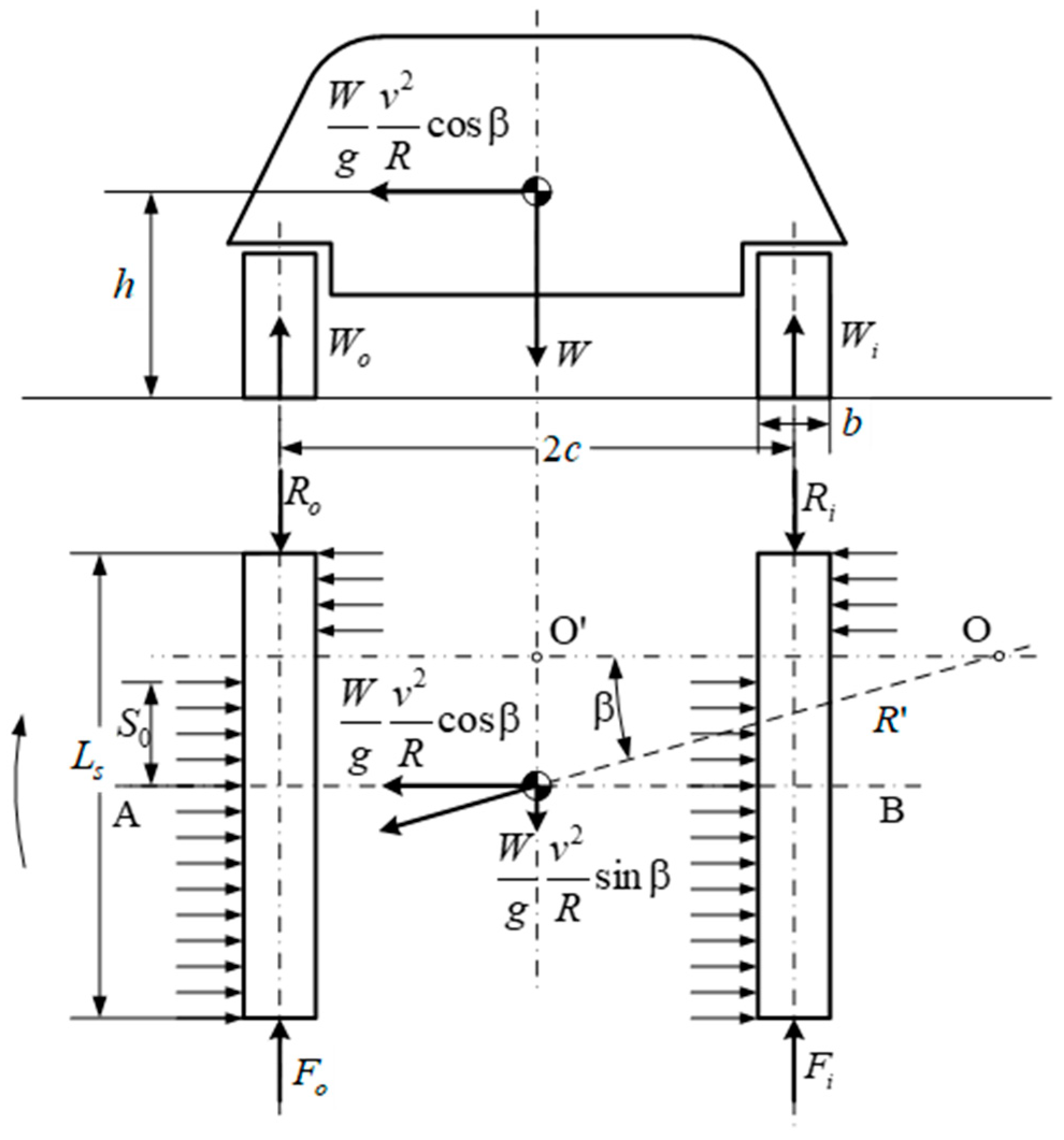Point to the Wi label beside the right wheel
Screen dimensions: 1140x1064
[x=857, y=341]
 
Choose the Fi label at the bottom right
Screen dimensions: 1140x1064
[x=818, y=1079]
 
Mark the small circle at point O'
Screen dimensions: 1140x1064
[x=536, y=656]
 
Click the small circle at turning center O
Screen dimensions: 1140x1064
[x=998, y=655]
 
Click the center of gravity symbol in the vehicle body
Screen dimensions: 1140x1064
[x=537, y=192]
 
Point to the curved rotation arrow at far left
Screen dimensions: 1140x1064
[x=21, y=791]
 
